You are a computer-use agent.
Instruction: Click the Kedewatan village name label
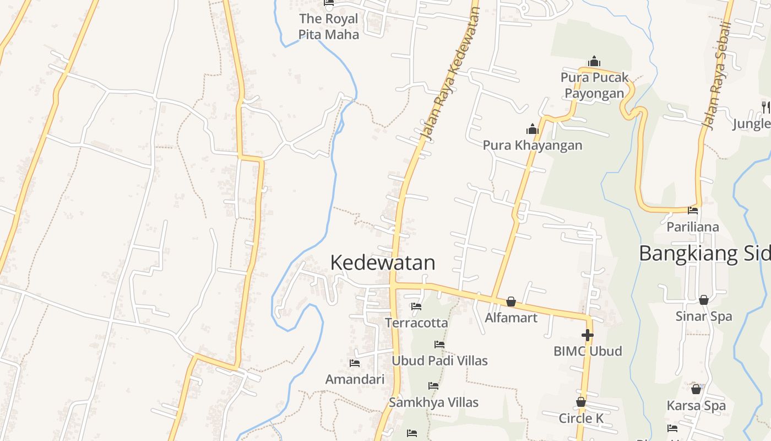[x=383, y=262]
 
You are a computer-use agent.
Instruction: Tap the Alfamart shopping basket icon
[x=511, y=302]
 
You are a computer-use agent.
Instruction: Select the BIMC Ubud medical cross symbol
[x=588, y=335]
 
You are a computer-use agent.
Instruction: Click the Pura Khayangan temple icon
[x=532, y=129]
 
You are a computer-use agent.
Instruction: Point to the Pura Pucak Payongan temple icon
[x=594, y=61]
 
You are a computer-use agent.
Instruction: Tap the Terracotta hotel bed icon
[x=416, y=306]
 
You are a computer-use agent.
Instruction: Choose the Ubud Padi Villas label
[x=439, y=361]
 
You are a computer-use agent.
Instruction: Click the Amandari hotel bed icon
[x=355, y=363]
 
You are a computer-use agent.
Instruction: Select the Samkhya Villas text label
[x=433, y=402]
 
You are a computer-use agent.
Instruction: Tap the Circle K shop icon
[x=580, y=402]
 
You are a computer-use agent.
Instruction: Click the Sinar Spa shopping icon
[x=703, y=300]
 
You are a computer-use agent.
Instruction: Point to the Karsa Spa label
[x=696, y=406]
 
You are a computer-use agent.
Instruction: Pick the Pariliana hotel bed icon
[x=693, y=210]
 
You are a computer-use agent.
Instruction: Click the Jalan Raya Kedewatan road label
[x=449, y=72]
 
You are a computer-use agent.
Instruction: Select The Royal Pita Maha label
[x=329, y=26]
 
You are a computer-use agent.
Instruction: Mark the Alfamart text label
[x=511, y=318]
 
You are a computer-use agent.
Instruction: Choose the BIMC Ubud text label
[x=588, y=351]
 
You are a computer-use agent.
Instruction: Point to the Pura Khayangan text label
[x=533, y=146]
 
